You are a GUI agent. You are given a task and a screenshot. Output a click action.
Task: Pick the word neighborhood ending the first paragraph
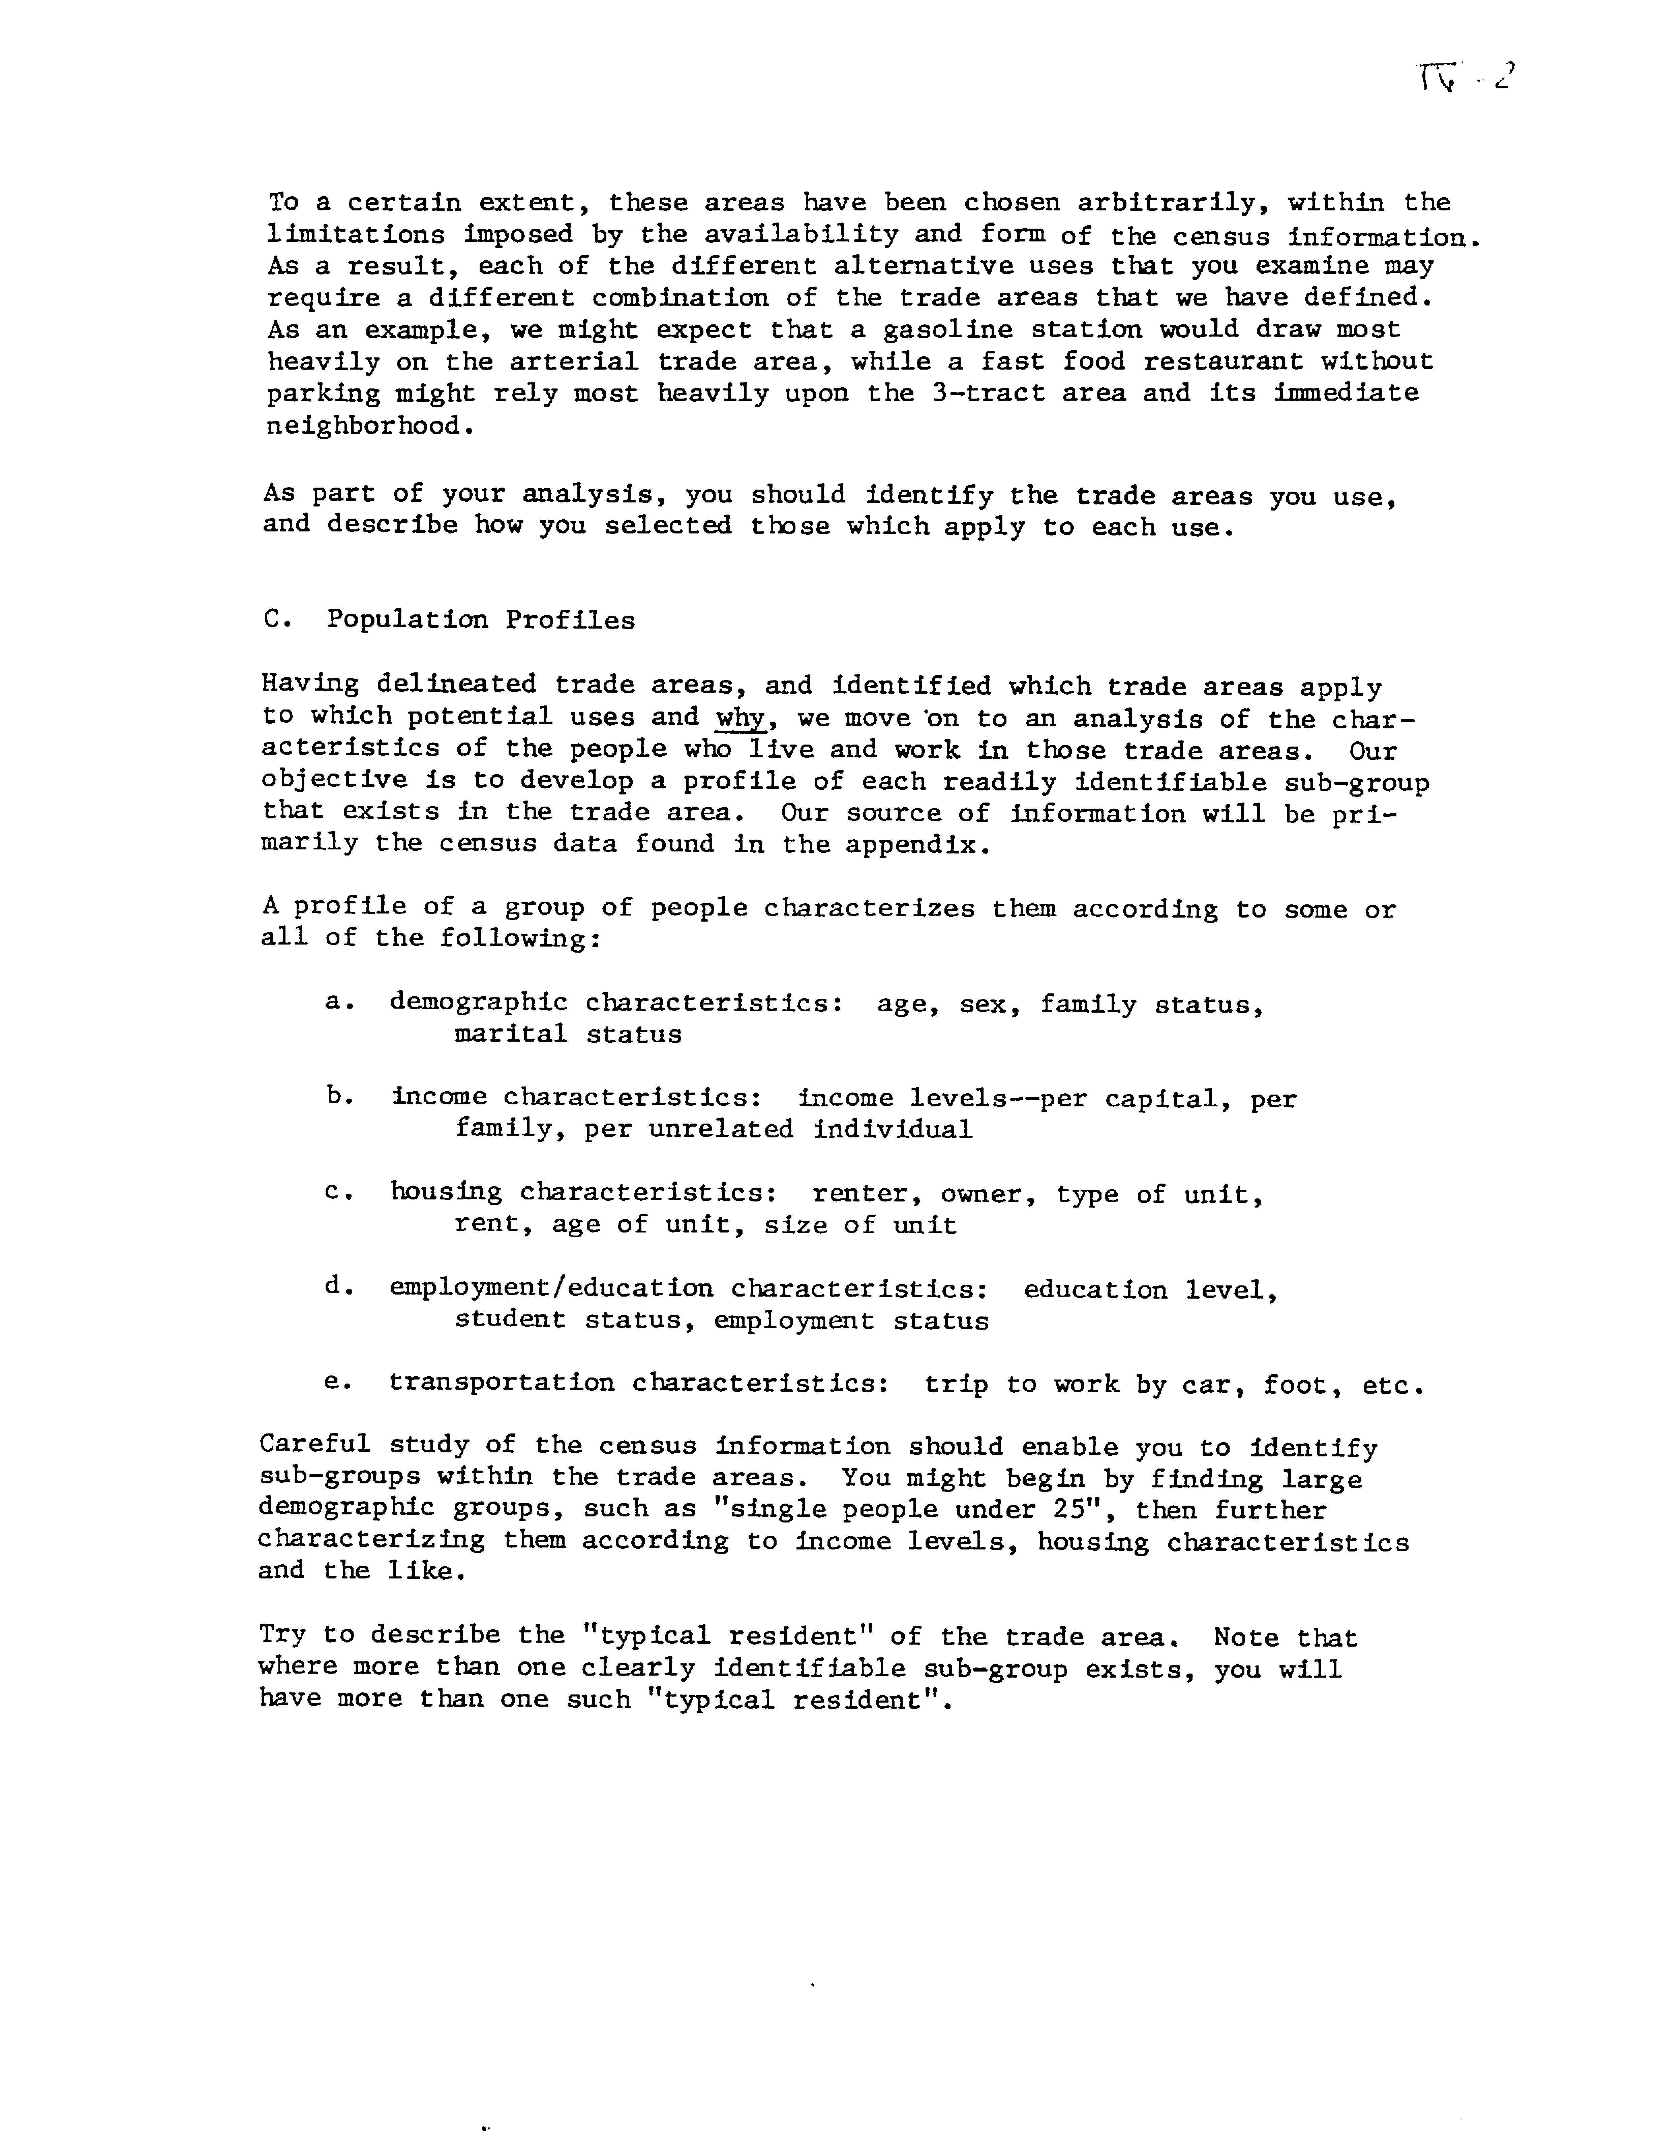362,426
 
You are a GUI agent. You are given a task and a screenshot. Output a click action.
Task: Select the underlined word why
740,718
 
